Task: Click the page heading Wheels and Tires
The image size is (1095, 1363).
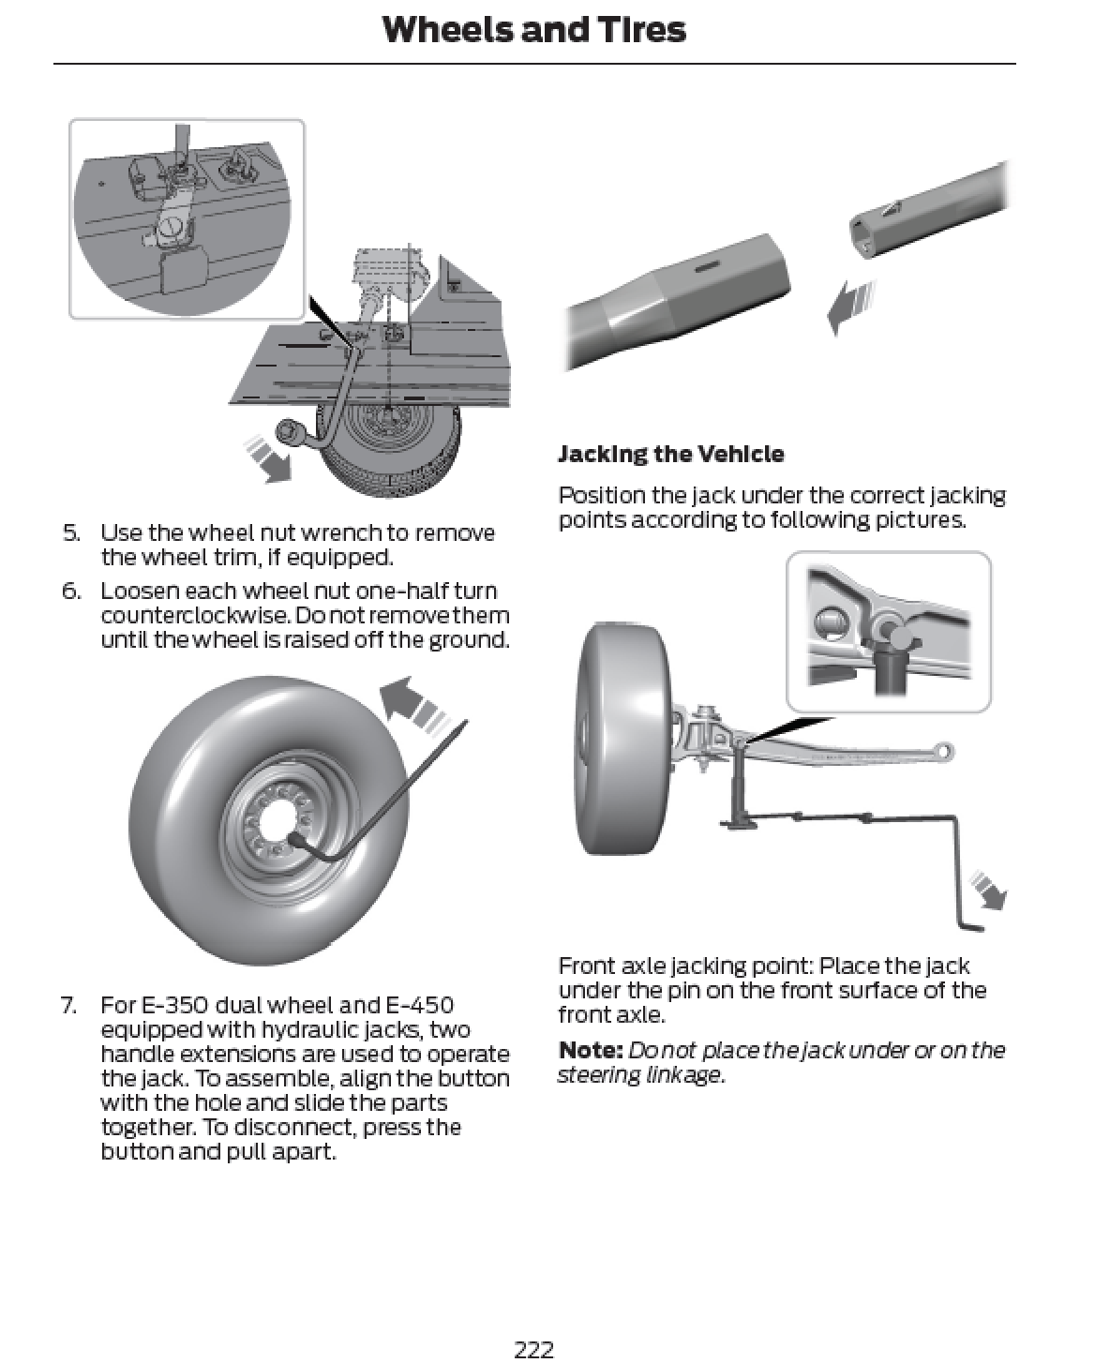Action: tap(534, 30)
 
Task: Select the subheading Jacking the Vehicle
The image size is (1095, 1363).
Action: tap(671, 454)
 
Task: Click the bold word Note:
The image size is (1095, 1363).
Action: tap(591, 1051)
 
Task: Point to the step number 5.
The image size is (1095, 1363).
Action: tap(71, 532)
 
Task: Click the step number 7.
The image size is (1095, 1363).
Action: tap(69, 1005)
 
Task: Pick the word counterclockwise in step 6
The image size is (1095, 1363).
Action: tap(195, 616)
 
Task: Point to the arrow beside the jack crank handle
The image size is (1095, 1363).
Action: tap(988, 890)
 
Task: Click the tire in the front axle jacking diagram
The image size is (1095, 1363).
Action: tap(622, 739)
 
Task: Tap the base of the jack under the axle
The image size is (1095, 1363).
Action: tap(738, 823)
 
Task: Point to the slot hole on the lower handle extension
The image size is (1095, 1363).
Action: tap(709, 268)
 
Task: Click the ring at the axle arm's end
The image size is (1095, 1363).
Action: tap(943, 751)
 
